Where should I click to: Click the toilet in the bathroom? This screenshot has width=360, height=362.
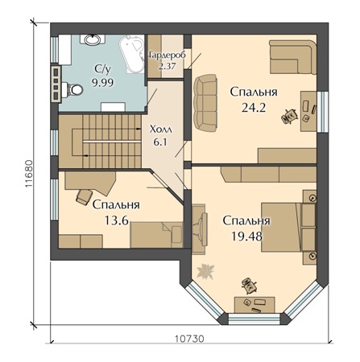(72, 90)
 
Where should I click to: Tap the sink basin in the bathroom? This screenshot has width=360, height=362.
(93, 40)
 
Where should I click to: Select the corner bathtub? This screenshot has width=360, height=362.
(131, 54)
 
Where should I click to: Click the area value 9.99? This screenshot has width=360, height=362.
(103, 82)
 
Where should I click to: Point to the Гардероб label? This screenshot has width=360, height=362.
(167, 56)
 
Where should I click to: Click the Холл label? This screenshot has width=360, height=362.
(161, 130)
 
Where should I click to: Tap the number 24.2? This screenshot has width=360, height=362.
(254, 108)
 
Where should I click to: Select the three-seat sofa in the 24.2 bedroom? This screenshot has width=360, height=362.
(205, 103)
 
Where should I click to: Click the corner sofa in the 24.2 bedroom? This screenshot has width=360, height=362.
(293, 57)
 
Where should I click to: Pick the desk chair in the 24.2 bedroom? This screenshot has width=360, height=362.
(290, 117)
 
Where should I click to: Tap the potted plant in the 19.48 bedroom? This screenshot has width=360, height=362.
(205, 271)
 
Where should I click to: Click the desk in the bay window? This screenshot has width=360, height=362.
(254, 305)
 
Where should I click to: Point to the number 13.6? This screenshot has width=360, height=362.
(117, 221)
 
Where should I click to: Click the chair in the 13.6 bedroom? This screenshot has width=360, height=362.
(84, 197)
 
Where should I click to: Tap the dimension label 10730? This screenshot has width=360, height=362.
(189, 339)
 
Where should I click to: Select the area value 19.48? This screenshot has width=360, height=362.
(246, 237)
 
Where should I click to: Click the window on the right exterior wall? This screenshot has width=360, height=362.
(322, 112)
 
